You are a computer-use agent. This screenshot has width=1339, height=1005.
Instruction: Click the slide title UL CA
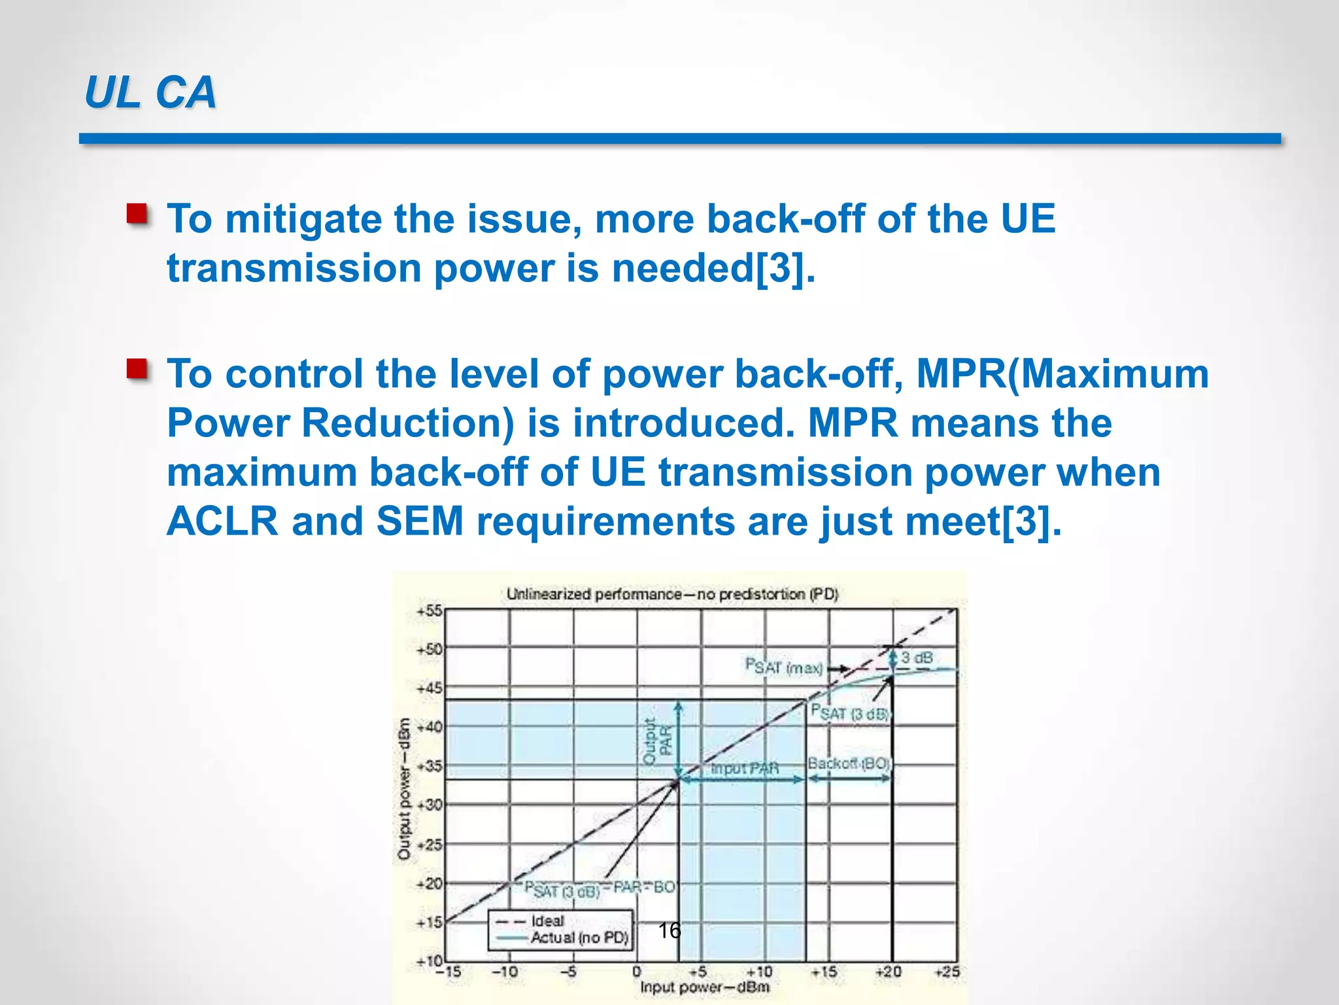[150, 92]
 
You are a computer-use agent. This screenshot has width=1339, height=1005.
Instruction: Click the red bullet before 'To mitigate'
[137, 214]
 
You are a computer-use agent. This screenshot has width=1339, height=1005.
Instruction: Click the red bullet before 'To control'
[137, 369]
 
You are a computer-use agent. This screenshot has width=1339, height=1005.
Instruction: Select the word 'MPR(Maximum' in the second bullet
[1062, 374]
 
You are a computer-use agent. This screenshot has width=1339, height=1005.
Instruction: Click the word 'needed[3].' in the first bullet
[713, 269]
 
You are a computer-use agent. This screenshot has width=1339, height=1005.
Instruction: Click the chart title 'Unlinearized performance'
[671, 594]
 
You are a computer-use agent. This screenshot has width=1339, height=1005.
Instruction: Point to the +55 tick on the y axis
[430, 611]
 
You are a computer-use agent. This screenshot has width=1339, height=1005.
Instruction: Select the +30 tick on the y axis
[430, 805]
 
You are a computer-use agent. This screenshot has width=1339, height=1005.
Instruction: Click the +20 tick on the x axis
[888, 972]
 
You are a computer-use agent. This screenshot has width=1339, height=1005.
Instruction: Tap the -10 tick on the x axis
[505, 972]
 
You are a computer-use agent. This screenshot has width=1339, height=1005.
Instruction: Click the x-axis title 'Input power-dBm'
[704, 987]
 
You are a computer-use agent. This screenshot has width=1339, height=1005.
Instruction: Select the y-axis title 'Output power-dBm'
[404, 788]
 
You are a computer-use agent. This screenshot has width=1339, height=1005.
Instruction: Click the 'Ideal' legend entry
[547, 921]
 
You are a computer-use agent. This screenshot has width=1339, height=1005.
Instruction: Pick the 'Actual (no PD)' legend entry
[579, 938]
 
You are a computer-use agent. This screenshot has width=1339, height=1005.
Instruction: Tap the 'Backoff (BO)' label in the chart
[849, 764]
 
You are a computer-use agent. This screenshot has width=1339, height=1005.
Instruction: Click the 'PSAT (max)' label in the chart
[783, 667]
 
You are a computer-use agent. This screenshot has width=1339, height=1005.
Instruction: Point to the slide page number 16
[669, 930]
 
